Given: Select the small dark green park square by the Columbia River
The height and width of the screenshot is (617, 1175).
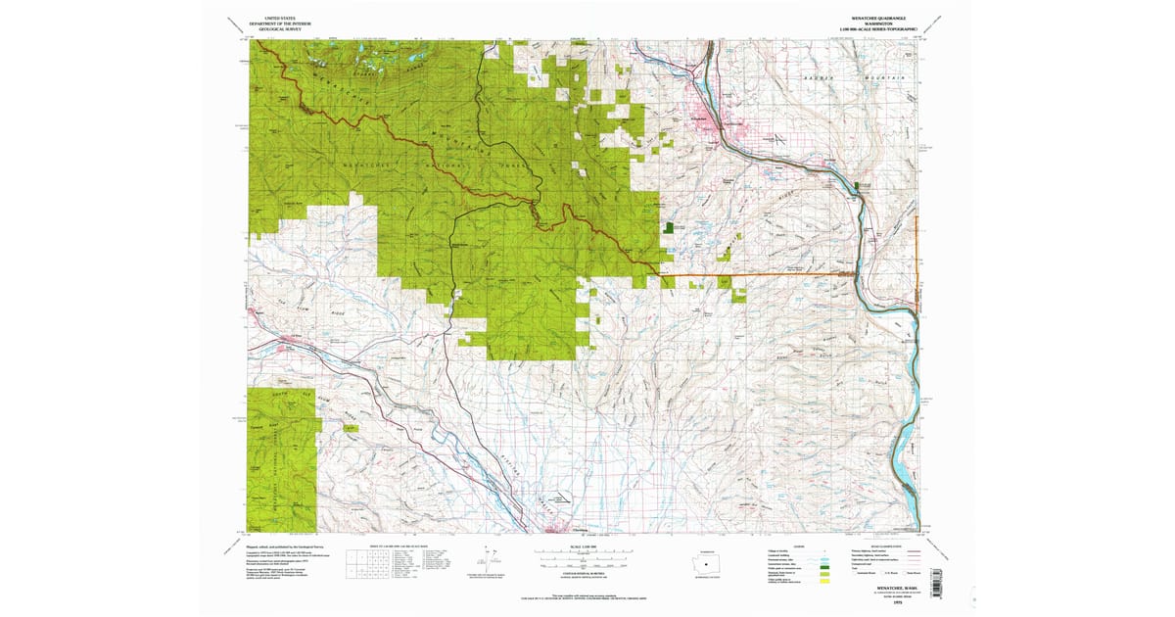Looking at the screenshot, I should [863, 185].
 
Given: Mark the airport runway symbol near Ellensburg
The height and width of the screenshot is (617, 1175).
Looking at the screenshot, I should [561, 498].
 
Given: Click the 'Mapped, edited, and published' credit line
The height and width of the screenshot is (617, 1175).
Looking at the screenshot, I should [284, 546].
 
